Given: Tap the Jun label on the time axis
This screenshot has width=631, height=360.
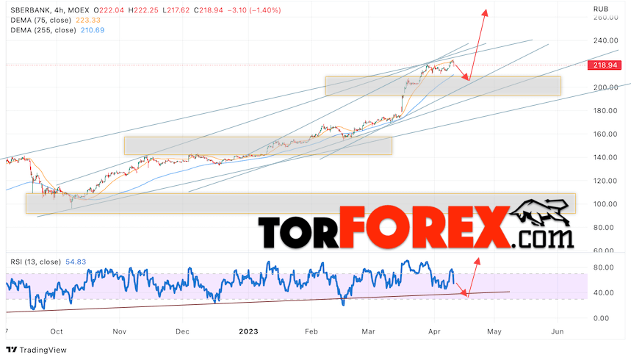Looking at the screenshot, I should (558, 331).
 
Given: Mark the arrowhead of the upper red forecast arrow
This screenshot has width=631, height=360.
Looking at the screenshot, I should (485, 11).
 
